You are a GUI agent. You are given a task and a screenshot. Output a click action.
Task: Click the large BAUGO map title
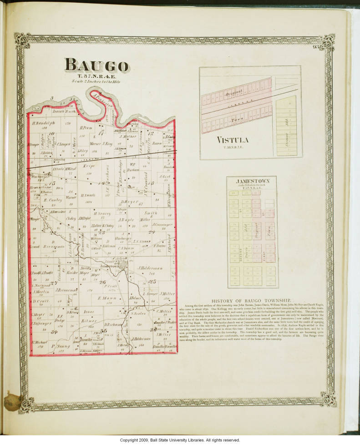click(97, 65)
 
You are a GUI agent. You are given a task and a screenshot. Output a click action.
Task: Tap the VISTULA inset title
click(232, 140)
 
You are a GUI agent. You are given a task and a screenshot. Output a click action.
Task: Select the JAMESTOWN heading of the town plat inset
click(253, 181)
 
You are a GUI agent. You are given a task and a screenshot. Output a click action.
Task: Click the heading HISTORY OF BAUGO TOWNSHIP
click(258, 301)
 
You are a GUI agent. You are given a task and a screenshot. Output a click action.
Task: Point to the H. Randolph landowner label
click(43, 123)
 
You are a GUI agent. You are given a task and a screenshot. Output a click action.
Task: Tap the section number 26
click(103, 282)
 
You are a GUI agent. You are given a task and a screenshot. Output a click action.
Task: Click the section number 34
click(54, 332)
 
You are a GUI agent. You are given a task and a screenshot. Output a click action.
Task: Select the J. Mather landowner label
click(128, 136)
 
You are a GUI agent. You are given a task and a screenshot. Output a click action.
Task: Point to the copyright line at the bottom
click(180, 440)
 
